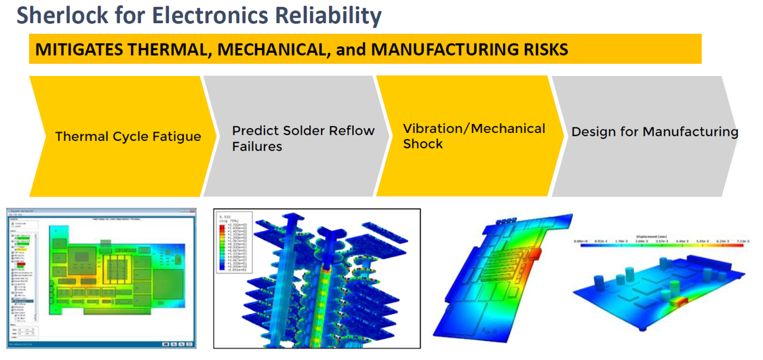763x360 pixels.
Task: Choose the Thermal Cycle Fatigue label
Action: [128, 136]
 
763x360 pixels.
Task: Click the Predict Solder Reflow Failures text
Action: [302, 138]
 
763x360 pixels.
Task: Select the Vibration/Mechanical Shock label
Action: [473, 136]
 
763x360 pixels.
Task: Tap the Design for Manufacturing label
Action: [654, 132]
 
